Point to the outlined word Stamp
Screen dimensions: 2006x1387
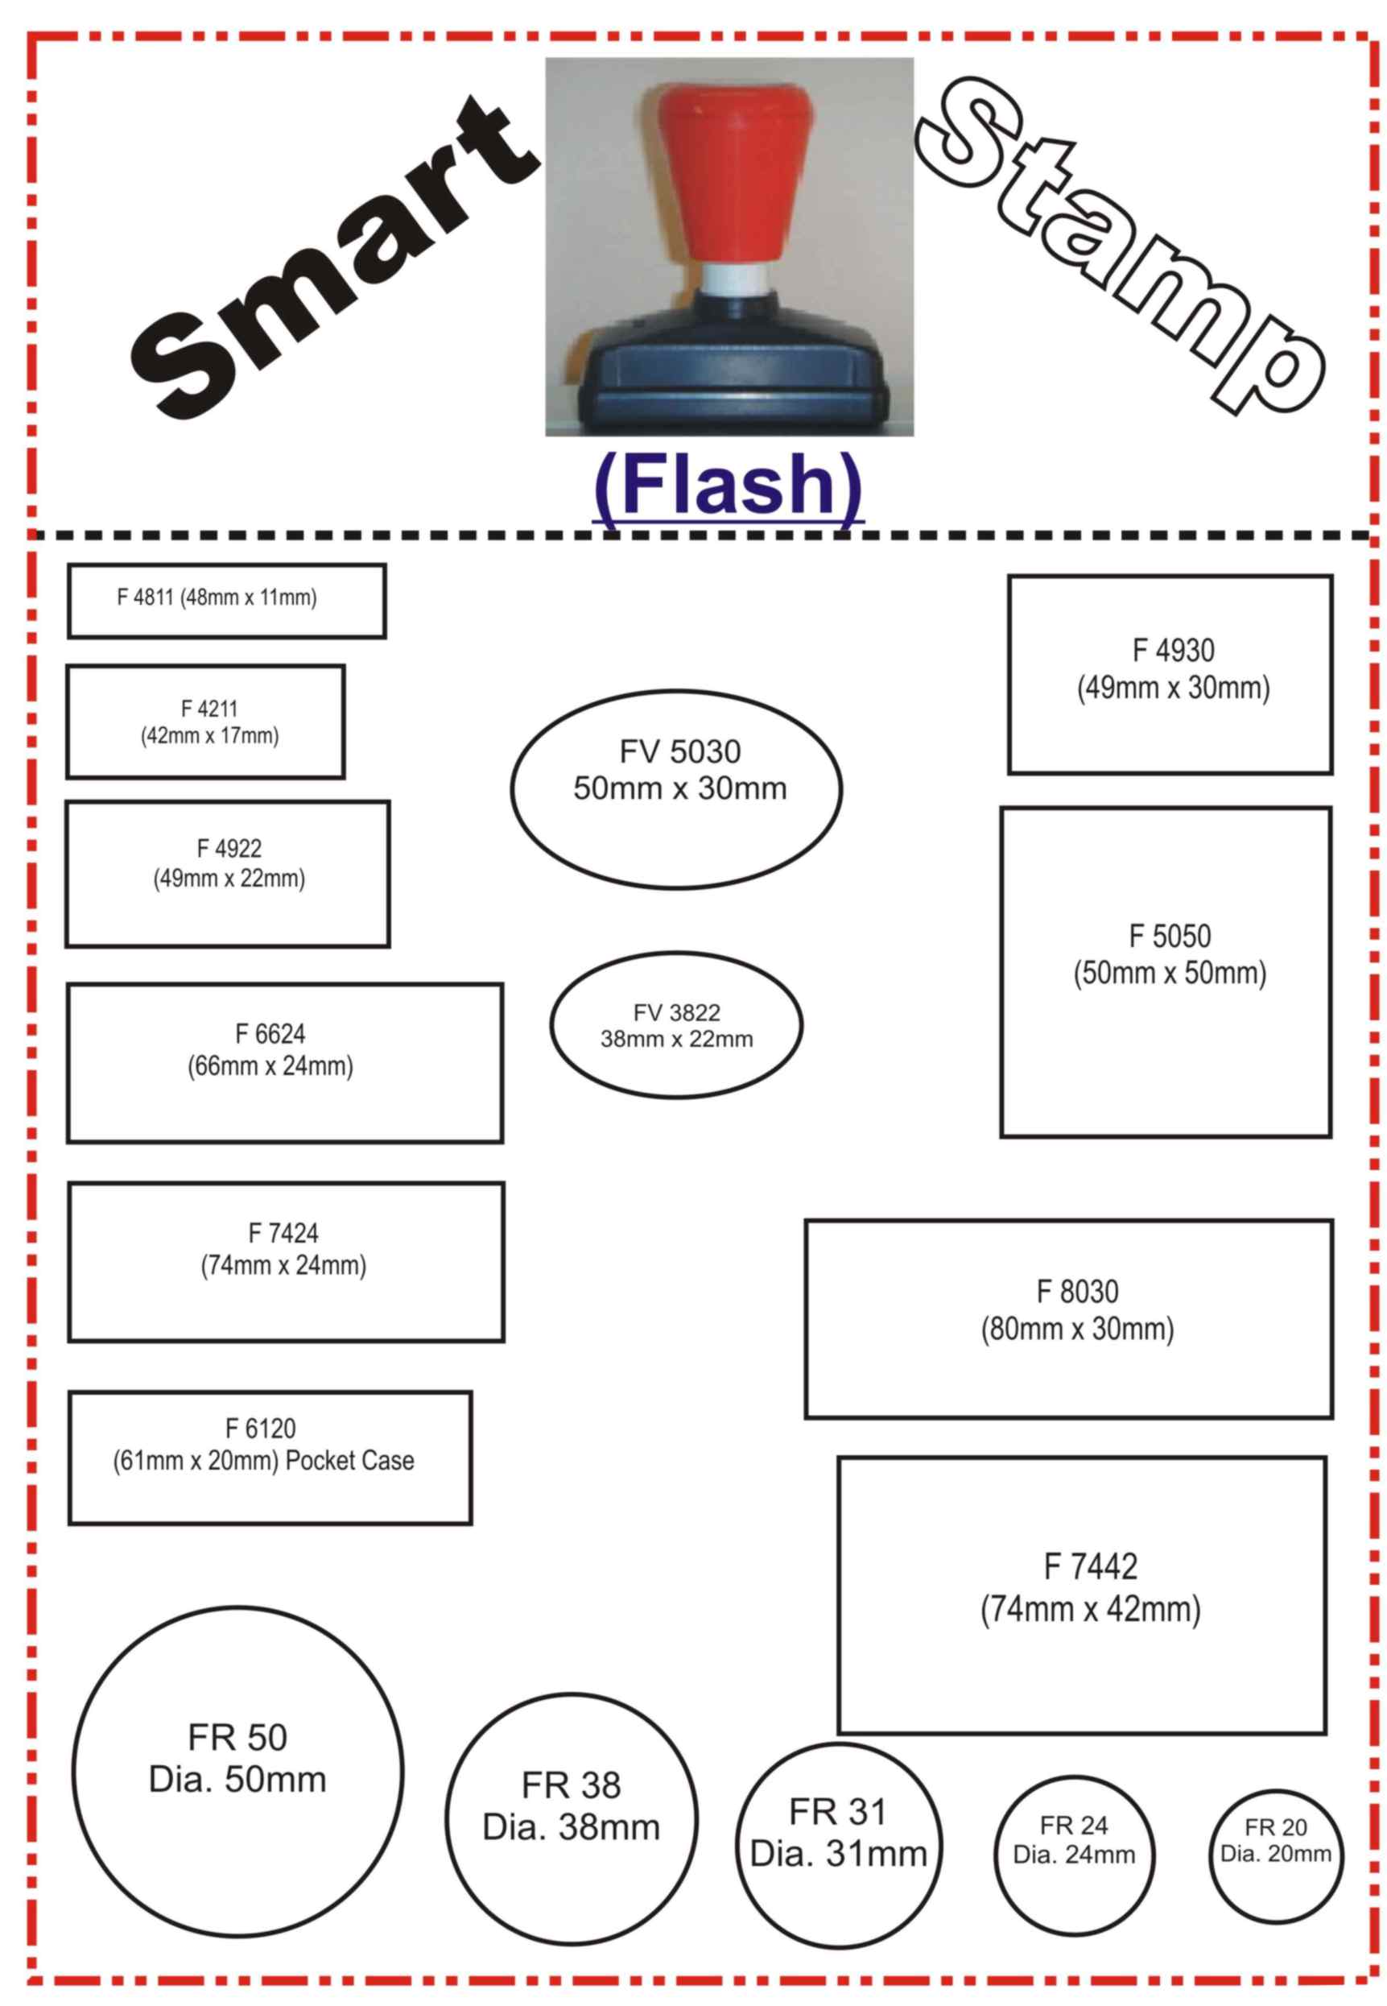[1121, 243]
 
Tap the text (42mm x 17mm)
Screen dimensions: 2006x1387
[209, 736]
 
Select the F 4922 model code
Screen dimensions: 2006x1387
[229, 848]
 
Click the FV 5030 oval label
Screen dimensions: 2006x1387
[679, 752]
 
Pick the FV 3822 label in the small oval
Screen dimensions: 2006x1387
[676, 1012]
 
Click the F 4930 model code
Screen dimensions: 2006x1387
[1173, 650]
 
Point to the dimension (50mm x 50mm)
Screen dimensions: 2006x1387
[1170, 973]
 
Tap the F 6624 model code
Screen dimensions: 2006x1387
[270, 1033]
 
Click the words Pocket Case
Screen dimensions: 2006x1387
[349, 1460]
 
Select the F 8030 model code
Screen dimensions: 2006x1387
[1078, 1292]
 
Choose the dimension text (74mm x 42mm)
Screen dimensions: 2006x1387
[1090, 1609]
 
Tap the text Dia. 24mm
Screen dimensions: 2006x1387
[1074, 1854]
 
